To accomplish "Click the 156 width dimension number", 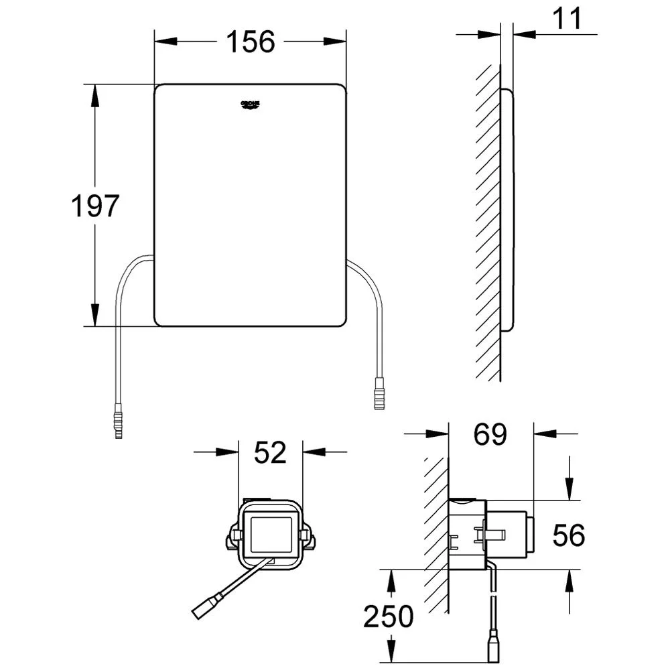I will (x=249, y=42).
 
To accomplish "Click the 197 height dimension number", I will (x=95, y=206).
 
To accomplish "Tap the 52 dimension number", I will (x=271, y=453).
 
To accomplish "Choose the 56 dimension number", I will (x=569, y=535).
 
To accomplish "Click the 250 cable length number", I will (x=389, y=616).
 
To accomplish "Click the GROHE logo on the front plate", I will (x=251, y=105).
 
